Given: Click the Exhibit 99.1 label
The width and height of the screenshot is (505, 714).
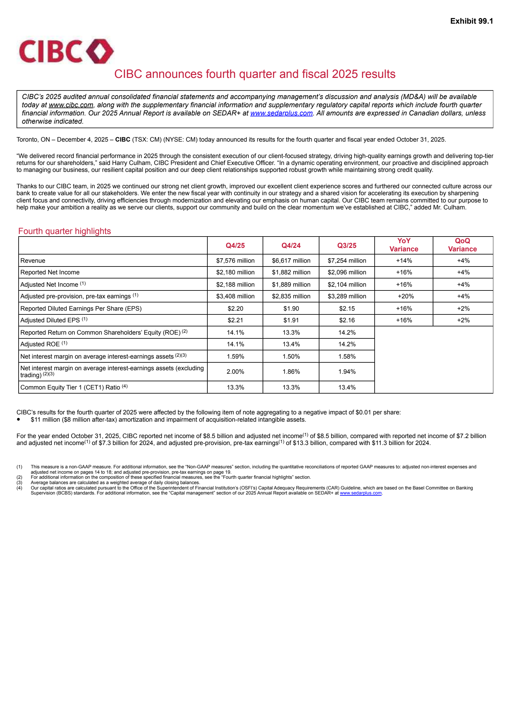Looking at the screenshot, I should [471, 21].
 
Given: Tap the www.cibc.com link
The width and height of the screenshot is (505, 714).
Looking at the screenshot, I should [71, 105].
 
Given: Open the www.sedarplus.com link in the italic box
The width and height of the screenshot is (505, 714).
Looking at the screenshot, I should [281, 113].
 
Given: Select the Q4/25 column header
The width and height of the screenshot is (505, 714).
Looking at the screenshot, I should [235, 246].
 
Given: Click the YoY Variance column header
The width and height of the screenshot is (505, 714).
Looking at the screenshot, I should [404, 245].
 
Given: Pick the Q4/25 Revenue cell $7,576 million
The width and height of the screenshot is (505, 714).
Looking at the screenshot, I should [235, 261].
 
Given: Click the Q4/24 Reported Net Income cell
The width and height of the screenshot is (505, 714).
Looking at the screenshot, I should [291, 272].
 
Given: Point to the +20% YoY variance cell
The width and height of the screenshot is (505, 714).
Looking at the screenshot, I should [405, 296].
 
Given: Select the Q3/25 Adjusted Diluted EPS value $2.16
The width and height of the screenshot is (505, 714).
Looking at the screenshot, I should [347, 320].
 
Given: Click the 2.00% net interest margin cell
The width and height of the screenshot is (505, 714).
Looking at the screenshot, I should [235, 372].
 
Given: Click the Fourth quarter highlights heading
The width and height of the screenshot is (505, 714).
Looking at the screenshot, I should [65, 231].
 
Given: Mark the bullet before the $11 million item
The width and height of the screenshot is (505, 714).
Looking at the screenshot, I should [19, 419].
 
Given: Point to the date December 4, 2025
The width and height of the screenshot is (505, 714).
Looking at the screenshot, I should [83, 140].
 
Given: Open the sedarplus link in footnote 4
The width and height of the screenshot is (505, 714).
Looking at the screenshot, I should [360, 493].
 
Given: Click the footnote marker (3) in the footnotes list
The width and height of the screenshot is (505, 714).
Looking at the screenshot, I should [19, 483].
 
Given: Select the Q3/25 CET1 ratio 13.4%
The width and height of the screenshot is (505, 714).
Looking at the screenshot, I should [347, 388].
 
